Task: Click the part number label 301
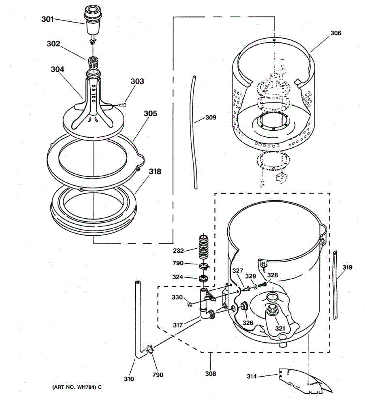click(x=47, y=19)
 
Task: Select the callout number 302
click(x=53, y=44)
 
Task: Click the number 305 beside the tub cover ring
click(x=150, y=114)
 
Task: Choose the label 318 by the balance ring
click(x=155, y=172)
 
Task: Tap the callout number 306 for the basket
click(x=336, y=33)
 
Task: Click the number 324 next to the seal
click(x=177, y=277)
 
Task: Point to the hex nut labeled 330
click(x=189, y=304)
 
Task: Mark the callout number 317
click(x=178, y=325)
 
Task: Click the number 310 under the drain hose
click(x=129, y=379)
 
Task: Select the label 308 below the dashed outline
click(x=211, y=374)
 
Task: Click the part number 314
click(x=252, y=377)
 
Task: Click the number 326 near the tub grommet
click(x=248, y=323)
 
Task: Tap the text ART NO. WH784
click(x=77, y=387)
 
